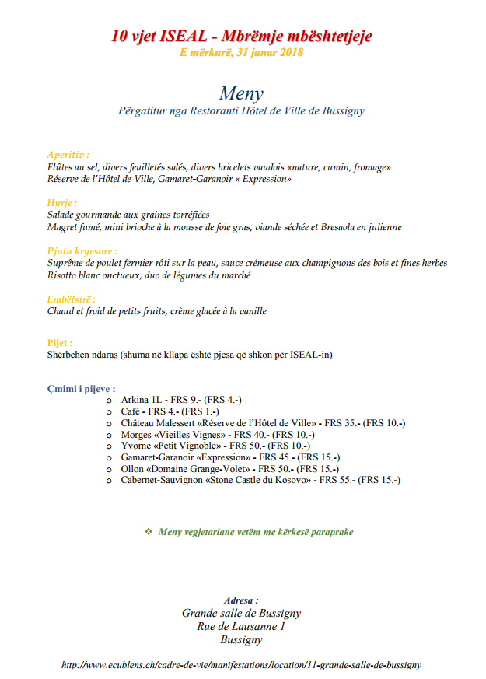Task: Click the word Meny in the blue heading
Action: point(242,93)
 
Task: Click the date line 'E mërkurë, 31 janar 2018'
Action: point(242,53)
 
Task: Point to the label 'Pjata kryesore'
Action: point(82,251)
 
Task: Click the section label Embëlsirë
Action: point(71,299)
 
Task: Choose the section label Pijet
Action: point(59,342)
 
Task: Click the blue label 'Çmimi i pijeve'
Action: point(81,388)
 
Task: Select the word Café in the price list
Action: point(130,411)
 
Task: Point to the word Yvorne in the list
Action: point(136,446)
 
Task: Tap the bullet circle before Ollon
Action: point(110,470)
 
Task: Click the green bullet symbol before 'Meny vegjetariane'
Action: point(149,532)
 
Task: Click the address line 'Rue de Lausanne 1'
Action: point(242,626)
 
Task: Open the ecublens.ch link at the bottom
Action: point(242,665)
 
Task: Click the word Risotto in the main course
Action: point(63,275)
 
